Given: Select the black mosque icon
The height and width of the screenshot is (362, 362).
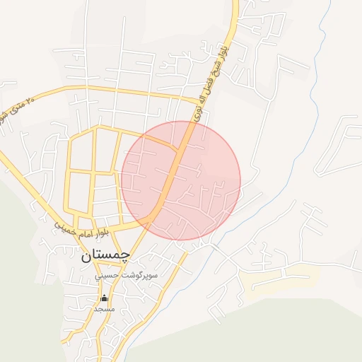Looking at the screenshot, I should [x=105, y=298].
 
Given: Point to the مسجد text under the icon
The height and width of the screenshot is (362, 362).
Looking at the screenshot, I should [x=105, y=309].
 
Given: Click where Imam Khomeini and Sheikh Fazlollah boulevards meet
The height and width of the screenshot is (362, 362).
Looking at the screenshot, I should [x=151, y=223].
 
